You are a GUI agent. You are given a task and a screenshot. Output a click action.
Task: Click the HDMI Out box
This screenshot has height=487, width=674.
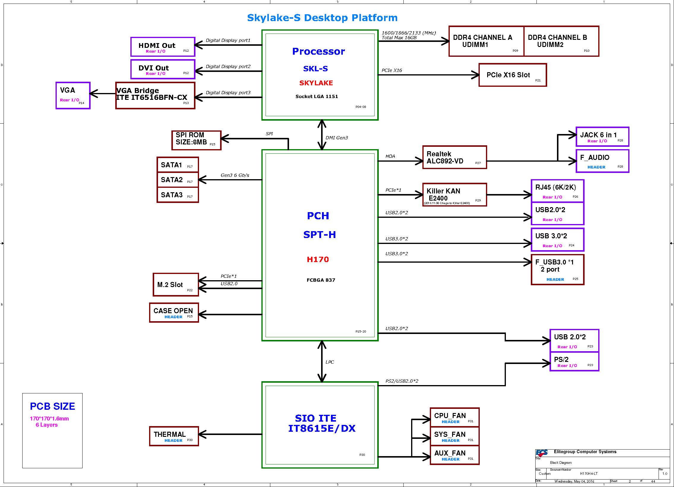[163, 47]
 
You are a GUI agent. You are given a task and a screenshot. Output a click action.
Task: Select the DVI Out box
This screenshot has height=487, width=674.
[163, 69]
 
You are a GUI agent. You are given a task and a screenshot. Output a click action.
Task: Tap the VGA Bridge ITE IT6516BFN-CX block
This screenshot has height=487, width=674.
[155, 95]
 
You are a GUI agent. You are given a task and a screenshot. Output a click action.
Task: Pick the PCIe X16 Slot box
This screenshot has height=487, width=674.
[513, 75]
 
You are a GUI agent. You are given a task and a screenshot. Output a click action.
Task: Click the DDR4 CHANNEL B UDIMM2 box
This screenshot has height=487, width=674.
[561, 41]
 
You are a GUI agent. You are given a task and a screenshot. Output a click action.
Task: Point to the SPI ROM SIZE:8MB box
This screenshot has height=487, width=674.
[196, 140]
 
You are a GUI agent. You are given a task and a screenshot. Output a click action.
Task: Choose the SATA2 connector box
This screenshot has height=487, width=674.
[178, 180]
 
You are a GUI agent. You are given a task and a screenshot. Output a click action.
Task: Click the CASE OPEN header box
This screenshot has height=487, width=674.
[174, 313]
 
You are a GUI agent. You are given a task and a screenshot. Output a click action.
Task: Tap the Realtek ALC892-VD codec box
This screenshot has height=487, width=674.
[455, 157]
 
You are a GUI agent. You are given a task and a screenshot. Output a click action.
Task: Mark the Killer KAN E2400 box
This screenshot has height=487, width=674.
[455, 195]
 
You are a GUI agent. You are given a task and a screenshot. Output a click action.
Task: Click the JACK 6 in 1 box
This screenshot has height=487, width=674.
[602, 136]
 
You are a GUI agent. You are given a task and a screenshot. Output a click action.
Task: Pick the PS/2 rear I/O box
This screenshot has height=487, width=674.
[574, 362]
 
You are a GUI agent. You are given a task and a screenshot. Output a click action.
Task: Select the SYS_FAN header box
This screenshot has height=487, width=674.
[455, 436]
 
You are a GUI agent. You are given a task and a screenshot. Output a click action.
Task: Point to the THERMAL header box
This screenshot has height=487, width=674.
[174, 436]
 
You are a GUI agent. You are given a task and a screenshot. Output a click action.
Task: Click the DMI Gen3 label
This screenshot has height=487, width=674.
[337, 138]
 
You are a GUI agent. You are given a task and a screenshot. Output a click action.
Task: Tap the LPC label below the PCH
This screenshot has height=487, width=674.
[329, 362]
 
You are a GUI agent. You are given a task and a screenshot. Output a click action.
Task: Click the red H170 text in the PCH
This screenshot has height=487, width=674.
[318, 259]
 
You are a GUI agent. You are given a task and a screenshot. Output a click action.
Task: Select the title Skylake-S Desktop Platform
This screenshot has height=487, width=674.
[322, 18]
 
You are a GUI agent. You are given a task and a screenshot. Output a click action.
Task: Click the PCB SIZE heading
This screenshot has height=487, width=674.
[52, 406]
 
